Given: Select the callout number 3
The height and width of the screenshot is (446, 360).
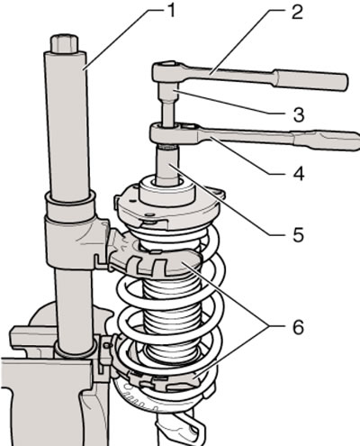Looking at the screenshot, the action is pos(298,114).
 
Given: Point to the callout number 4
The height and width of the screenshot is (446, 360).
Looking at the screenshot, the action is pos(298,173).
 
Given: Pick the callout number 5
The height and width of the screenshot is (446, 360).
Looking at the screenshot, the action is pos(298,234).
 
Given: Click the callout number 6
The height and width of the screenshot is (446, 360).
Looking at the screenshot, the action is pos(298,326).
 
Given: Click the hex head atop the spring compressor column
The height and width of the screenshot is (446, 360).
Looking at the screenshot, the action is pos(65,44).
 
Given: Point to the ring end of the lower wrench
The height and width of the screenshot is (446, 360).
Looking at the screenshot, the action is pos(165,132).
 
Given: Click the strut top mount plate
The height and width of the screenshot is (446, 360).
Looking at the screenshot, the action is pos(169,205).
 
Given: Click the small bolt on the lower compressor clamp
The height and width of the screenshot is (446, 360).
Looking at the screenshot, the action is pos(105,346).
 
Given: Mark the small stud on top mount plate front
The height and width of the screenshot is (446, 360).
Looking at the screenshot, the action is pos(150,214).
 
